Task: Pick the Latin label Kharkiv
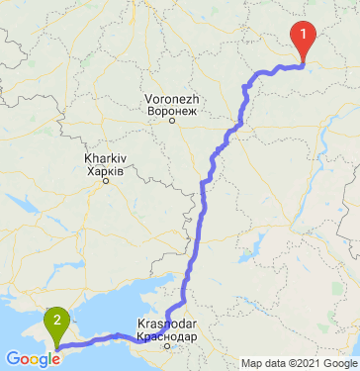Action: pos(104,160)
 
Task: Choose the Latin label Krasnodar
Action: pos(166,325)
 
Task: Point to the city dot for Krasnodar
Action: pos(167,345)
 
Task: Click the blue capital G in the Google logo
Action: pos(12,359)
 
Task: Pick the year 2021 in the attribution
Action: pos(308,363)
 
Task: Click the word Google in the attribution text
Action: pos(339,363)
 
